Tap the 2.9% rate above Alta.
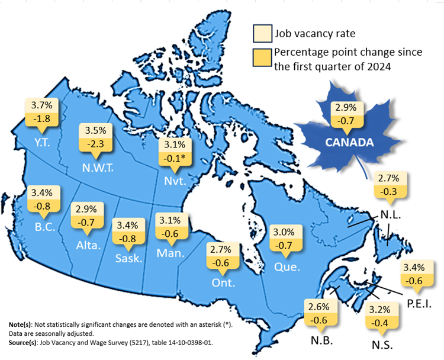(x=86, y=210)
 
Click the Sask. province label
(x=128, y=258)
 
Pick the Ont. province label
(x=223, y=283)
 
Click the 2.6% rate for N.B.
(x=318, y=307)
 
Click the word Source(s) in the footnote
(x=23, y=342)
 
